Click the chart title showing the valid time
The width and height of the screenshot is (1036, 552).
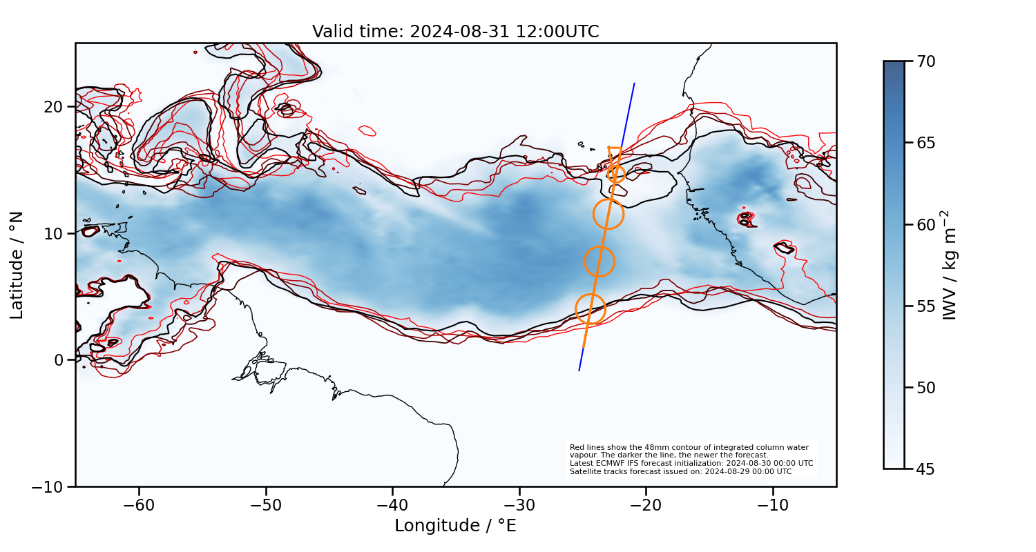(x=455, y=32)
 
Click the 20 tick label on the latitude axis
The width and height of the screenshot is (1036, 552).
(x=54, y=107)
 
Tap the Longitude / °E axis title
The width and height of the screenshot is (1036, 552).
(x=455, y=526)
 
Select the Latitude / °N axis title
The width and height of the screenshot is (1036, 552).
(x=17, y=265)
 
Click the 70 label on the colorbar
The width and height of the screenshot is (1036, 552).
(x=925, y=61)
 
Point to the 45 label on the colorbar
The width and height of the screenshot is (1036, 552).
(x=925, y=469)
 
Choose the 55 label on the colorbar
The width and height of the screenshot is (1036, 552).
(x=925, y=306)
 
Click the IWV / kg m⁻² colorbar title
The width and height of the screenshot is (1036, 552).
(x=951, y=265)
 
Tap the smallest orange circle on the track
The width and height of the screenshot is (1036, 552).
(x=616, y=174)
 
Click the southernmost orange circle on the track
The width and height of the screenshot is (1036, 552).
(x=590, y=308)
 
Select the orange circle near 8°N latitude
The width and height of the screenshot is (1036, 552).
(x=599, y=262)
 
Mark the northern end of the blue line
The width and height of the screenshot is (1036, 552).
(x=635, y=83)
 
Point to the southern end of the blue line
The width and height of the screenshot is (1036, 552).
(x=579, y=371)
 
